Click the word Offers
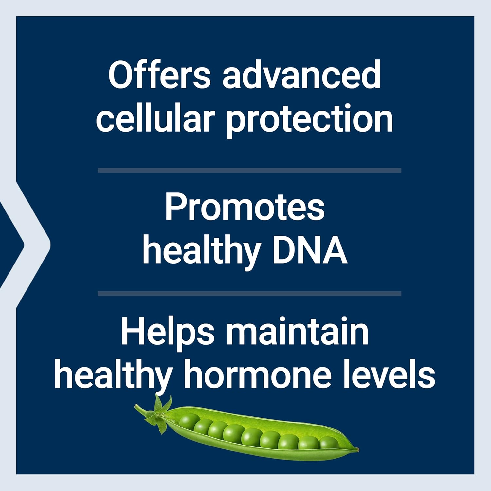159,75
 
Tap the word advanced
301,75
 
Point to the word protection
309,119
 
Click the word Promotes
245,207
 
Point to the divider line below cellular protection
249,170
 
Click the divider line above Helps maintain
249,294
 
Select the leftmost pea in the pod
189,421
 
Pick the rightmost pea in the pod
328,443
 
